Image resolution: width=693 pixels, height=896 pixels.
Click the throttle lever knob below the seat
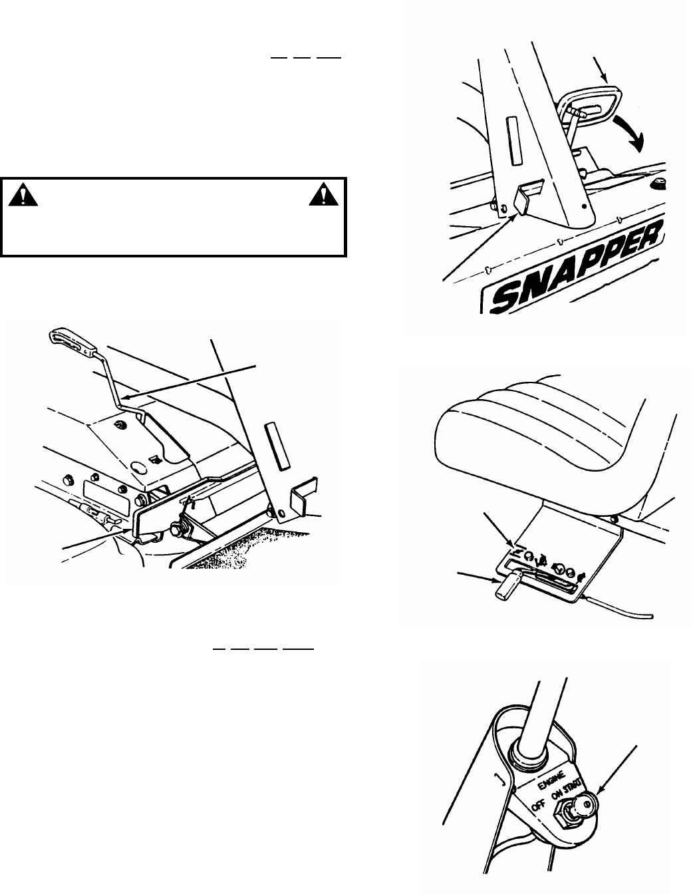coord(503,586)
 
